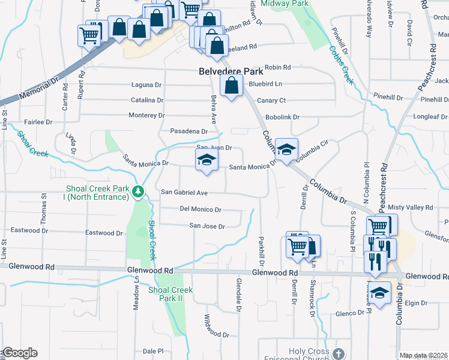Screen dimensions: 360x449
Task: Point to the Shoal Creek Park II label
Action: (x=170, y=294)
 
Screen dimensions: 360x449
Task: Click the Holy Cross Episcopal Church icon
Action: (x=339, y=353)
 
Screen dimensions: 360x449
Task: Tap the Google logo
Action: (x=19, y=353)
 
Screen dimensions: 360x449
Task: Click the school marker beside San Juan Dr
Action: (x=206, y=160)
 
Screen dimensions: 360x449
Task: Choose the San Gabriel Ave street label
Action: (x=184, y=193)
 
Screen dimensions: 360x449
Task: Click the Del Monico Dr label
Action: (x=200, y=209)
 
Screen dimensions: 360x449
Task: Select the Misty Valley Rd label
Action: (x=411, y=207)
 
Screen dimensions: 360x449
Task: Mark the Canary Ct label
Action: (x=271, y=100)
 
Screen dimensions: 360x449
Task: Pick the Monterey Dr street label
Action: (x=146, y=115)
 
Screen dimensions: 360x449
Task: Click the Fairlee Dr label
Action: (x=38, y=122)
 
